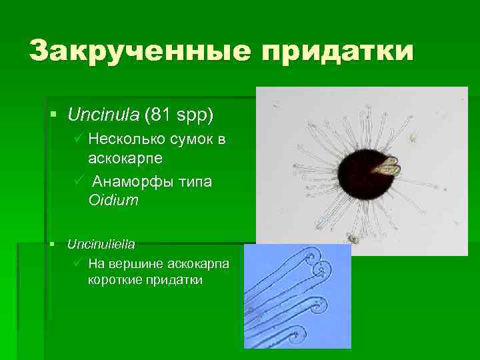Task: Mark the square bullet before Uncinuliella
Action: pos(54,245)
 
